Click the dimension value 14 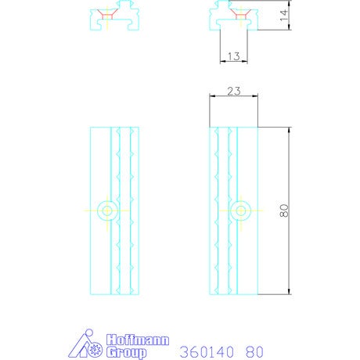pyautogui.click(x=283, y=16)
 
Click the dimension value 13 pyautogui.click(x=233, y=56)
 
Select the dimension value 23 pyautogui.click(x=234, y=91)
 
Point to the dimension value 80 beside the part pyautogui.click(x=284, y=211)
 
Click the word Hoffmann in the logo pyautogui.click(x=138, y=340)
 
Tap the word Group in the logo pyautogui.click(x=126, y=353)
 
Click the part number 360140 pyautogui.click(x=207, y=352)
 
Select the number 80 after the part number pyautogui.click(x=254, y=352)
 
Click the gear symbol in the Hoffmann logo pyautogui.click(x=95, y=350)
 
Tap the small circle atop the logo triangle pyautogui.click(x=89, y=333)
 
